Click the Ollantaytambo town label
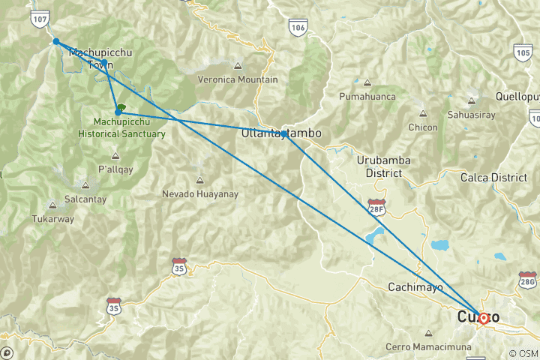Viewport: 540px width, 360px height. [x=281, y=133]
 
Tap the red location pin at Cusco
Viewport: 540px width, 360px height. [x=484, y=319]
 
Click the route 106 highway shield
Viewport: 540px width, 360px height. [x=298, y=28]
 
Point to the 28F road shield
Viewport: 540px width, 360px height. [x=376, y=205]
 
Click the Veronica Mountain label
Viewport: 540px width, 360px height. [x=237, y=79]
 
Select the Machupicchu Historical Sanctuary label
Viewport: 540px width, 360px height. [x=121, y=127]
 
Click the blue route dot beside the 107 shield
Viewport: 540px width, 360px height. [x=56, y=41]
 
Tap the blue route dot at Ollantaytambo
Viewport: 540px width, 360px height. [x=285, y=134]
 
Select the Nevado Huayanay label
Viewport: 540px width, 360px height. [x=199, y=194]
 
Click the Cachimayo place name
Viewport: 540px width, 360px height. [x=415, y=287]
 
